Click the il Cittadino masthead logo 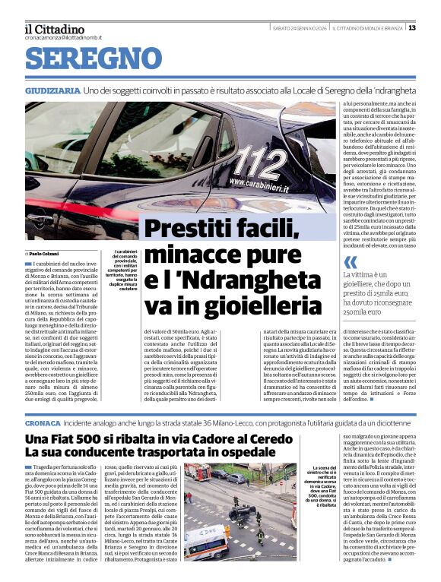54,28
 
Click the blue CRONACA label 42,421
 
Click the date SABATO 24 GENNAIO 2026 300,28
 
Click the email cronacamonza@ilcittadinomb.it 62,36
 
